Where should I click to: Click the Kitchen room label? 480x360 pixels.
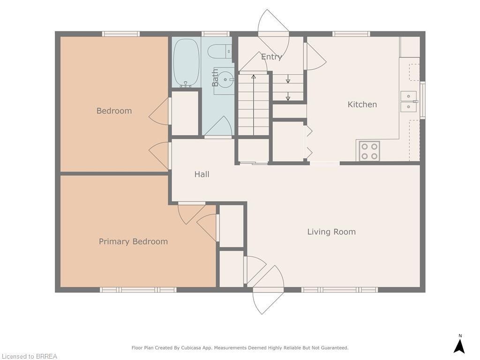pyautogui.click(x=362, y=105)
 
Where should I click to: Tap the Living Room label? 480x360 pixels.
pyautogui.click(x=331, y=232)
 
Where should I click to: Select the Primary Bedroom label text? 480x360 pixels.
pyautogui.click(x=133, y=241)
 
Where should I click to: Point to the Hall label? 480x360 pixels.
pyautogui.click(x=202, y=174)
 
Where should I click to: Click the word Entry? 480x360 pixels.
pyautogui.click(x=271, y=57)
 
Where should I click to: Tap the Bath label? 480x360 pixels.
pyautogui.click(x=215, y=77)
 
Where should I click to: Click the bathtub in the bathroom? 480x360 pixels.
pyautogui.click(x=186, y=62)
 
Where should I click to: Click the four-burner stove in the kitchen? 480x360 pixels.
pyautogui.click(x=369, y=151)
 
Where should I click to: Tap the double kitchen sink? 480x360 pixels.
pyautogui.click(x=408, y=101)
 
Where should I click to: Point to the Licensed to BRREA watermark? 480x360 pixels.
pyautogui.click(x=29, y=356)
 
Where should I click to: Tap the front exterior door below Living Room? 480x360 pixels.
pyautogui.click(x=269, y=300)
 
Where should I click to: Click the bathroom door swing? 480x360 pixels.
pyautogui.click(x=218, y=127)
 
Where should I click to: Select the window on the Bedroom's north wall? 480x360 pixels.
pyautogui.click(x=121, y=34)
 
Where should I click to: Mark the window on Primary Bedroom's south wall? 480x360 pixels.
pyautogui.click(x=138, y=290)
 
